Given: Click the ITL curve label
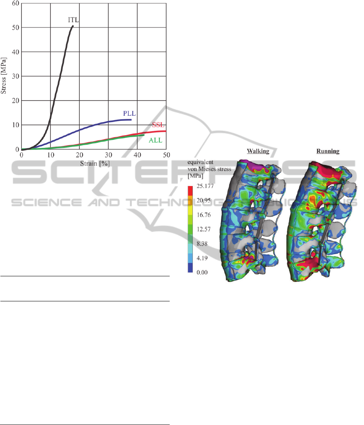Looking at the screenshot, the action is click(73, 20).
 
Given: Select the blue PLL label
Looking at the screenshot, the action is click(130, 113).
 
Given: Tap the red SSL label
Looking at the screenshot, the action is click(158, 125).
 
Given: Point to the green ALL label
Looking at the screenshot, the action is click(155, 140).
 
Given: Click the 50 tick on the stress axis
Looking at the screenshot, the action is click(15, 28).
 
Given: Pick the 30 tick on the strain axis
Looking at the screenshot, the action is click(108, 155).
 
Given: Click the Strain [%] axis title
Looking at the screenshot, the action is click(95, 163).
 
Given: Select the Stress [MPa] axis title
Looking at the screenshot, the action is click(4, 76).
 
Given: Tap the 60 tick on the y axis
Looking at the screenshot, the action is click(15, 4).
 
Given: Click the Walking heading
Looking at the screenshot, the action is click(258, 151).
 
